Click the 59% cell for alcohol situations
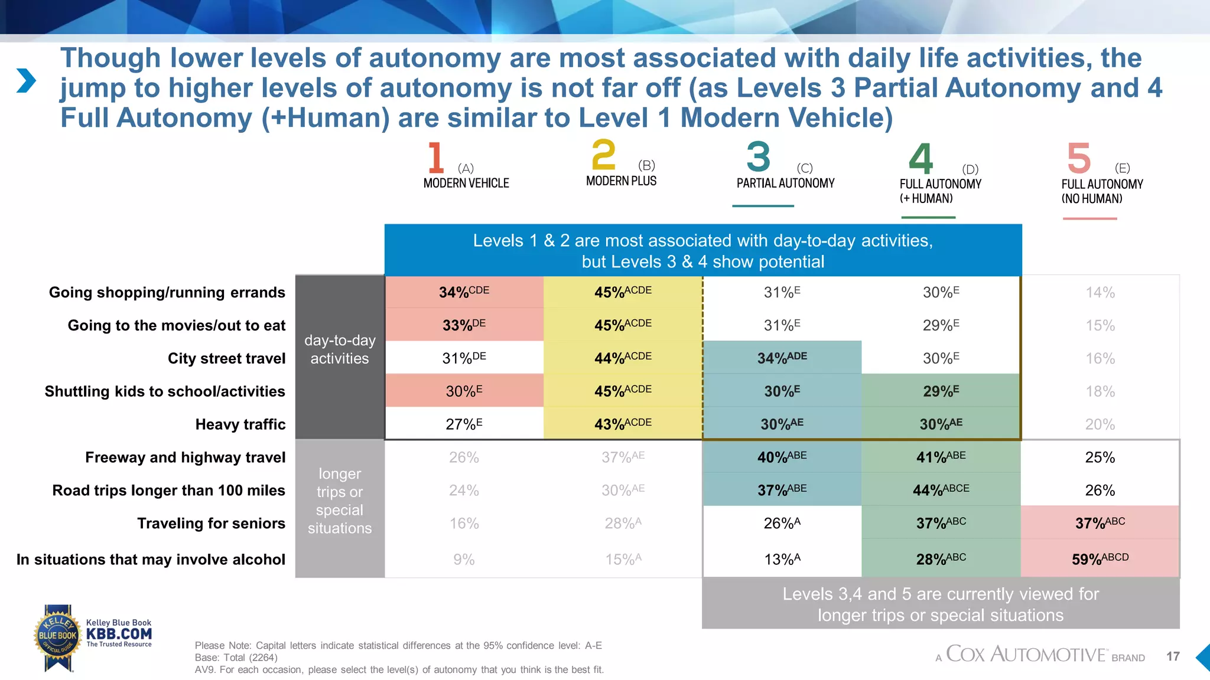coord(1100,559)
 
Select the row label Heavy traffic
coord(240,424)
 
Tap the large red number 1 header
coord(435,158)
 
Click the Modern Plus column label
coord(621,181)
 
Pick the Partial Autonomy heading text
coord(785,184)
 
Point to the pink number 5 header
coord(1078,158)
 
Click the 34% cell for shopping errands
coord(464,292)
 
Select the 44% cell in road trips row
coord(941,490)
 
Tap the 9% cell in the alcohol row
coord(464,560)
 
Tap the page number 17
coord(1173,656)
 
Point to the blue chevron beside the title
coord(26,81)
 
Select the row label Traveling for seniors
coord(211,524)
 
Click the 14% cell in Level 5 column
coord(1100,293)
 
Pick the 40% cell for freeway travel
coord(782,457)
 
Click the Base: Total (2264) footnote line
coord(236,658)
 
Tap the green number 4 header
coord(920,158)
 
